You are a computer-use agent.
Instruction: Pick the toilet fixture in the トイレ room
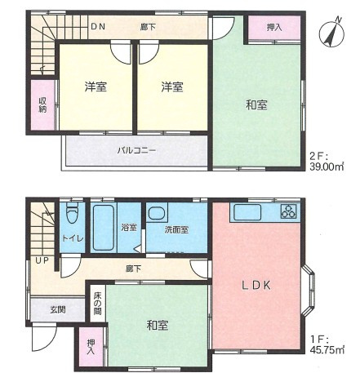(72, 215)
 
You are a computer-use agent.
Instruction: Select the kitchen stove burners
(289, 213)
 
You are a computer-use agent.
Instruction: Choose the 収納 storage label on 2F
(42, 104)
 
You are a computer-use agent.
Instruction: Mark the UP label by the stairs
(38, 261)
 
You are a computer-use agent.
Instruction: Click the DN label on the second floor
(98, 27)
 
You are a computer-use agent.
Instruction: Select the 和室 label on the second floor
(257, 104)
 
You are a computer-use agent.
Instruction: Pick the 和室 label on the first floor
(158, 325)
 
